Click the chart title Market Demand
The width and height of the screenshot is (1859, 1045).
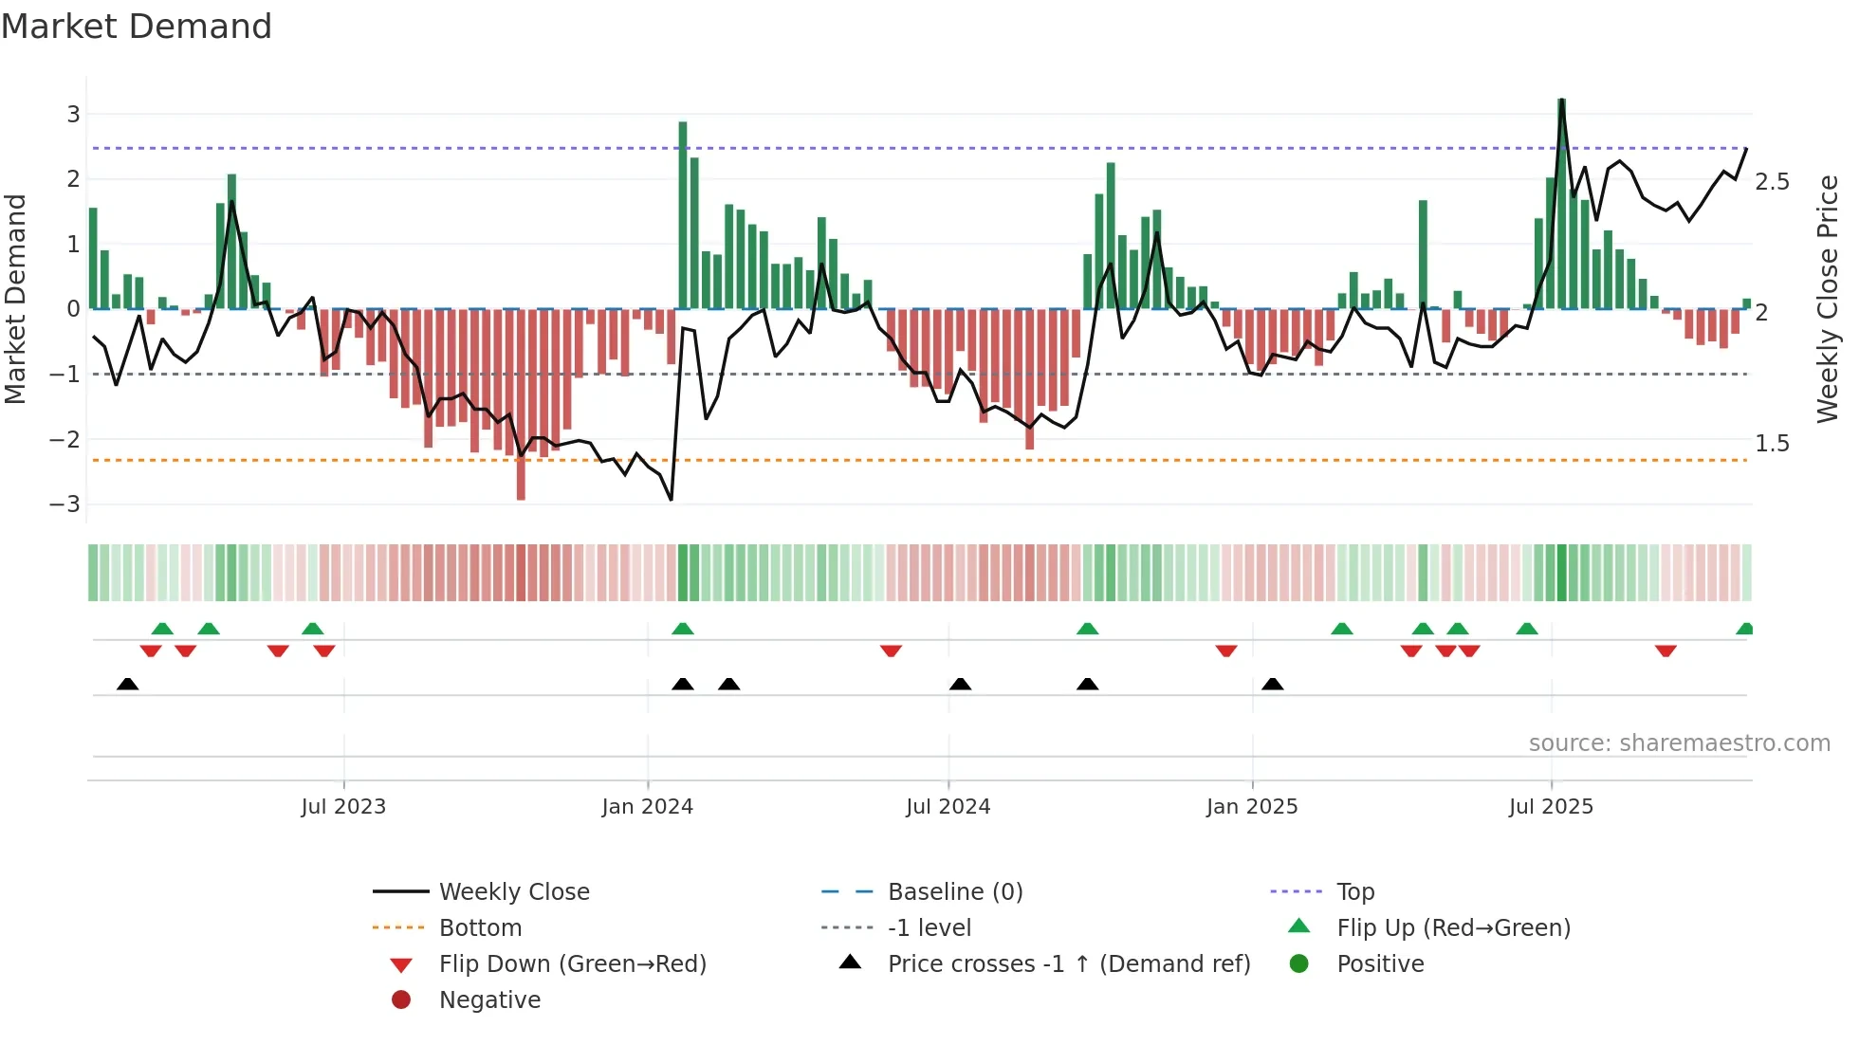(x=137, y=27)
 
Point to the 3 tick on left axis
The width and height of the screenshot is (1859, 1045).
(x=73, y=115)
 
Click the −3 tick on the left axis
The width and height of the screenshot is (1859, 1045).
(x=65, y=504)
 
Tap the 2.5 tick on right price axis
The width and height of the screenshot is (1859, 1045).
(x=1772, y=182)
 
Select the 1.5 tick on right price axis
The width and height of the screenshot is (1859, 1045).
(x=1772, y=444)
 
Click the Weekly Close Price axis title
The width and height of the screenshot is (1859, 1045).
(x=1827, y=299)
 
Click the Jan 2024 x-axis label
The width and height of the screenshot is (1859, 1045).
(x=647, y=807)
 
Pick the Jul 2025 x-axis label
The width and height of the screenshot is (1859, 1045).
(x=1551, y=807)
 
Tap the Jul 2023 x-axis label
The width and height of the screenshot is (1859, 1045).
(x=343, y=807)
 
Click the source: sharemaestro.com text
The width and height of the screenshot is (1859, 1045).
(x=1679, y=743)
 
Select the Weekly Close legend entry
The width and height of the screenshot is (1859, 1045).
(x=513, y=892)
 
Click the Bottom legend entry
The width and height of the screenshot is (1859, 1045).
(x=480, y=928)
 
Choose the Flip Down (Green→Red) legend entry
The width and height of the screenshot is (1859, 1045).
(x=572, y=964)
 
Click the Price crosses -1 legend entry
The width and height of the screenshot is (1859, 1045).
(x=1068, y=964)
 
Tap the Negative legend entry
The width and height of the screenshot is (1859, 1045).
(x=489, y=1000)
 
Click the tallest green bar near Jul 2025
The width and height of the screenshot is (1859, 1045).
(x=1561, y=204)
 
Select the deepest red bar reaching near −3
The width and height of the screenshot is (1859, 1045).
(x=521, y=404)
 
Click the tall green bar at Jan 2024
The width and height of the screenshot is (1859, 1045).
(x=683, y=215)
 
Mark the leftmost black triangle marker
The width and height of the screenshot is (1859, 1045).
(x=128, y=685)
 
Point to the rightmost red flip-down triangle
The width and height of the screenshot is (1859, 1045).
(x=1666, y=651)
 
